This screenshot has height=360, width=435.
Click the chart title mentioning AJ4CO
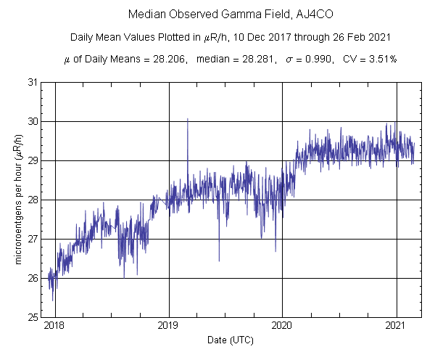217,15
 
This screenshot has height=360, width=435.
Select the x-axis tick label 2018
54,327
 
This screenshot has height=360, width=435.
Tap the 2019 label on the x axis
169,327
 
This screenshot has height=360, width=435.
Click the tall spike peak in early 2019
187,119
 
